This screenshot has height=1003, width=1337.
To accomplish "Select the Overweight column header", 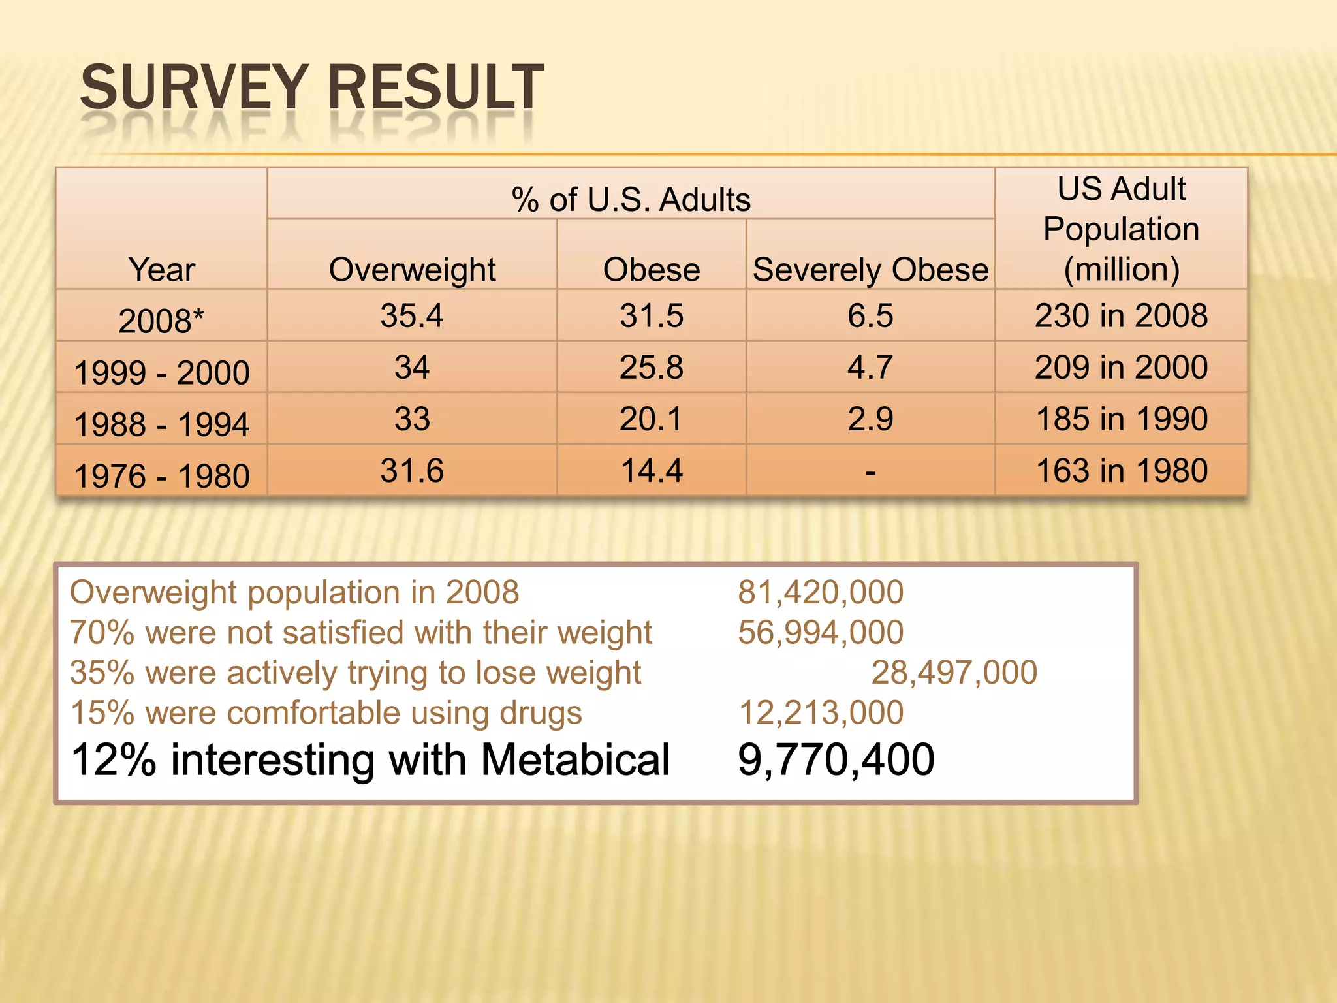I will point(412,270).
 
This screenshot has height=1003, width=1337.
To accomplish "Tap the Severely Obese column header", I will point(870,270).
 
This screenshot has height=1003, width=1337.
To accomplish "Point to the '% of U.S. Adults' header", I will point(631,199).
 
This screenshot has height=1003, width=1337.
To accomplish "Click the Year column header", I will point(162,270).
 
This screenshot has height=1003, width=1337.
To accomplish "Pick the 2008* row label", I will point(161,321).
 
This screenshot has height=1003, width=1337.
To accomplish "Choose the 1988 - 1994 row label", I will point(161,424).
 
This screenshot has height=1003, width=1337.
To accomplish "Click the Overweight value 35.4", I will point(412,315).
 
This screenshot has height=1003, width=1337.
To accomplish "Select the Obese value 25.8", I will point(652,367).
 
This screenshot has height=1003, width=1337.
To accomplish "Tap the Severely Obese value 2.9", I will point(870,419).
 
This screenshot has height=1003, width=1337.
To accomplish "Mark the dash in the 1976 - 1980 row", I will point(870,471).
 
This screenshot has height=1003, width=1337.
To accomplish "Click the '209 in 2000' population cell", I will point(1121,367).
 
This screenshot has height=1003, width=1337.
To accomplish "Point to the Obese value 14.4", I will point(652,470).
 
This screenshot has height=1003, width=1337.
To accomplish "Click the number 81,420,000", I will point(821,592).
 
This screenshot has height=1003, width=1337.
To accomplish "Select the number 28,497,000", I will point(954,672).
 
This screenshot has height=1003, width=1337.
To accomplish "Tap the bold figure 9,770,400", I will point(836,759).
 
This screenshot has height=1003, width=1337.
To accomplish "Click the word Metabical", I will point(575,760).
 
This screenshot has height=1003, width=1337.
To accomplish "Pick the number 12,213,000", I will point(821,712).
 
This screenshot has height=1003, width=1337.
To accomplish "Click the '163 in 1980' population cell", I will point(1121,470).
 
